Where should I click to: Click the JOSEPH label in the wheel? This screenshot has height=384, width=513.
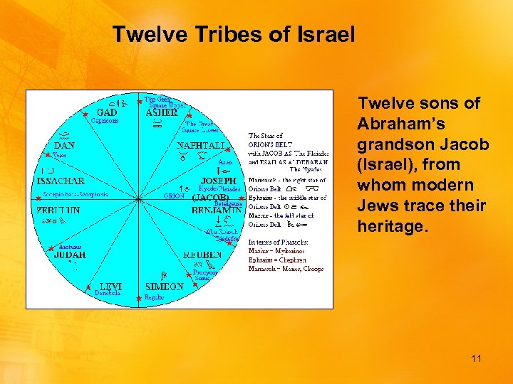coord(218,181)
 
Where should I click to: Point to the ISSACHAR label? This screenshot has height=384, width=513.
coord(60,181)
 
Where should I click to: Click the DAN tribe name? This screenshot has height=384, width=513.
coord(64,145)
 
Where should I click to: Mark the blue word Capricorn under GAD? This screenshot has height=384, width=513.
coord(105,121)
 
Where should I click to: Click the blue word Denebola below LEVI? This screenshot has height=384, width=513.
coord(108,293)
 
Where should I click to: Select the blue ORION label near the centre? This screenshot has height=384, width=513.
coord(174,196)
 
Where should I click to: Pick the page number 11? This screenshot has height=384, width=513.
coord(476,359)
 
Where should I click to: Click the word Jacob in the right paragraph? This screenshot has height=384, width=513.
coord(465,144)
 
